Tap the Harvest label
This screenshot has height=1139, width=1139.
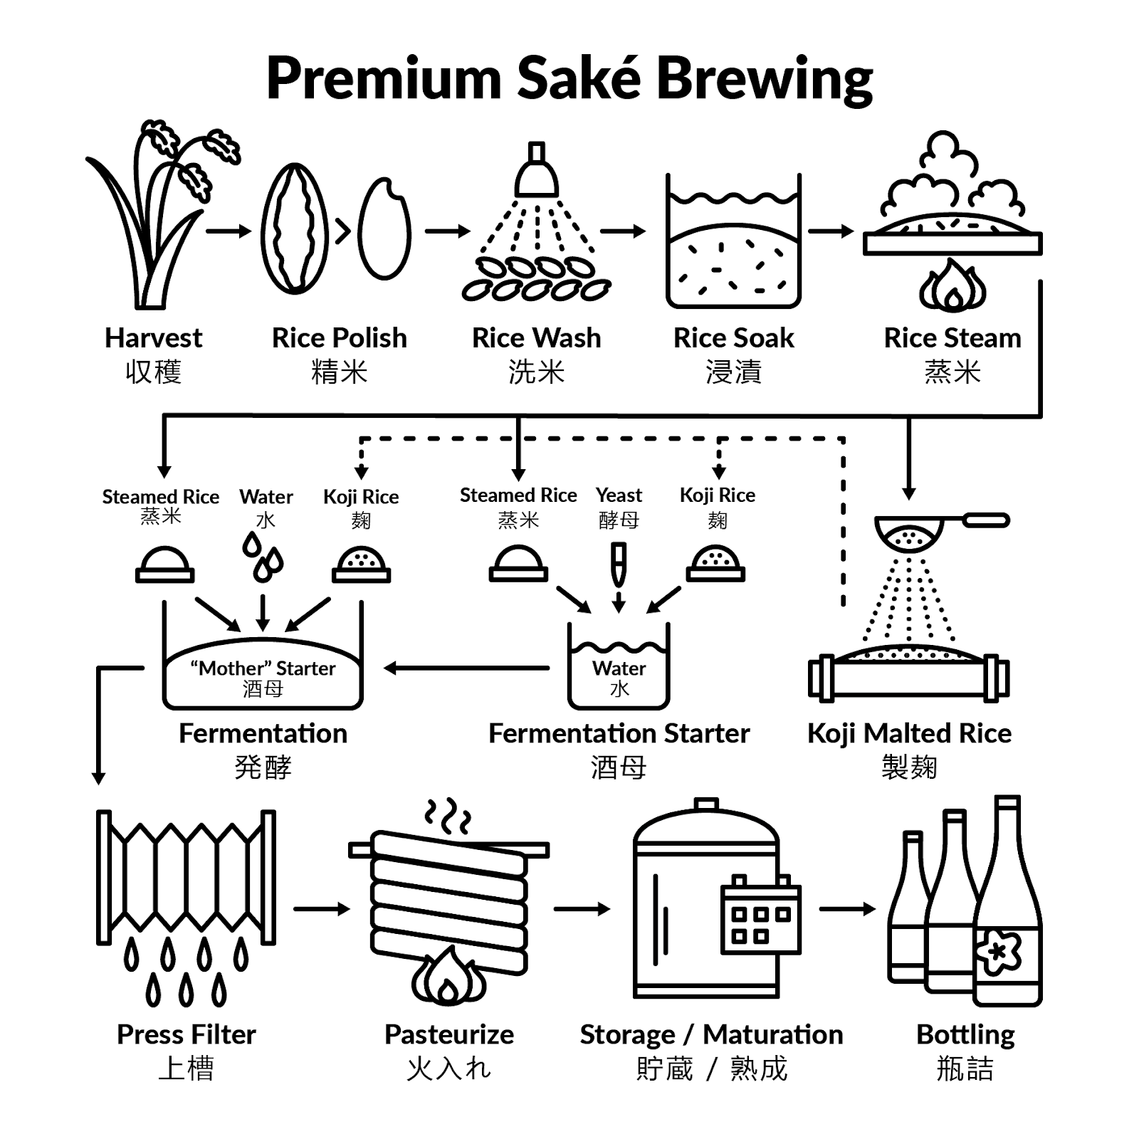(153, 338)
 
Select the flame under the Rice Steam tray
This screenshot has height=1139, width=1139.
(952, 286)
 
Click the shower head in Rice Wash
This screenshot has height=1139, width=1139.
(537, 171)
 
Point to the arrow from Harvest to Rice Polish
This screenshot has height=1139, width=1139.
(229, 231)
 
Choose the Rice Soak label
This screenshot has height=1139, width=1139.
(733, 338)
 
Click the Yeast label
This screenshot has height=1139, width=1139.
(619, 495)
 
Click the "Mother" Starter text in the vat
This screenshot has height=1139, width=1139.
(263, 668)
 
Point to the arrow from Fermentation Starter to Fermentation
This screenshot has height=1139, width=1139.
(466, 668)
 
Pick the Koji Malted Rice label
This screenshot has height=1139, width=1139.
(909, 733)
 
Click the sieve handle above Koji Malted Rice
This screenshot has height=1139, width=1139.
(986, 520)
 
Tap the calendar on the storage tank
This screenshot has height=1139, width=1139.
(761, 915)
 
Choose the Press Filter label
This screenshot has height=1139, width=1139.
(186, 1034)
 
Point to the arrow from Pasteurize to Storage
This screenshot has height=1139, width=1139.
(582, 909)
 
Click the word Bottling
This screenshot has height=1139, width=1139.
(965, 1035)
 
